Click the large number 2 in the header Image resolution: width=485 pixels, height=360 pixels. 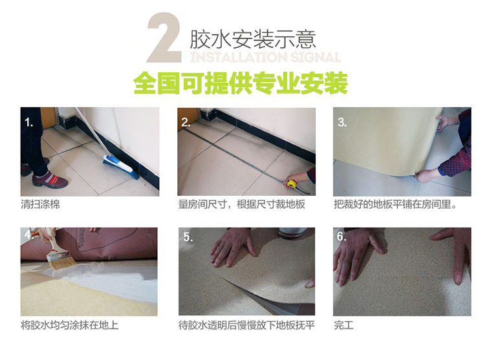[164, 37]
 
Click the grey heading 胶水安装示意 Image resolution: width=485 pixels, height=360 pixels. [252, 39]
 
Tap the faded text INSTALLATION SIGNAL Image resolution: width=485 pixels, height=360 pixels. [265, 58]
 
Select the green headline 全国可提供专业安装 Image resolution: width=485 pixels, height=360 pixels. [241, 83]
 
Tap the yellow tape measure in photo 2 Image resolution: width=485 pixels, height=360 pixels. [292, 184]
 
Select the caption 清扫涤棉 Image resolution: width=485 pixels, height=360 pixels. [40, 204]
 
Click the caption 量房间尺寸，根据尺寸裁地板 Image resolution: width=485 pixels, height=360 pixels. [242, 204]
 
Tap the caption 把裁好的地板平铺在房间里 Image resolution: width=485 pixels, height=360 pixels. [395, 204]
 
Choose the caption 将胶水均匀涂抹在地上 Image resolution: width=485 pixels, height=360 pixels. [70, 325]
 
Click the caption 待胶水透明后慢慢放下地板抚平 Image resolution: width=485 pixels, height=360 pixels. [246, 325]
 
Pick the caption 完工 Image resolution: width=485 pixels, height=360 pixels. [343, 325]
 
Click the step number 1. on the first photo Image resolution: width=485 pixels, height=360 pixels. [28, 123]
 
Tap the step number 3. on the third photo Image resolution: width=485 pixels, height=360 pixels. [342, 122]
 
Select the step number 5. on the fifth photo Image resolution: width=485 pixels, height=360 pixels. [188, 237]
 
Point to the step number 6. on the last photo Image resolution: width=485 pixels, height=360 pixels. [341, 237]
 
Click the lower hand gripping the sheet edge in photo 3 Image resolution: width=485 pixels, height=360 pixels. [426, 175]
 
